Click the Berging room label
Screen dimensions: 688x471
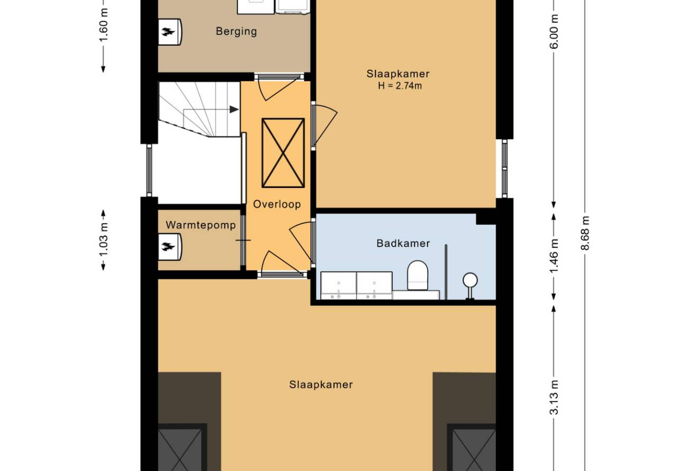point(236,31)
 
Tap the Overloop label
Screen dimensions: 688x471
point(277,204)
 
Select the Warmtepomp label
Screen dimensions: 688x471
point(201,225)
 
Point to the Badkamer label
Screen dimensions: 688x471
point(403,243)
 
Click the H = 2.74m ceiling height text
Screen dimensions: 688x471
point(400,86)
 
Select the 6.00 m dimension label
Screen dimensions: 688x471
point(554,32)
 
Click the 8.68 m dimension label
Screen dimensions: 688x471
point(585,233)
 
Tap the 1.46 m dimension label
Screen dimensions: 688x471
point(554,256)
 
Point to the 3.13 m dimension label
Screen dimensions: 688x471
point(554,397)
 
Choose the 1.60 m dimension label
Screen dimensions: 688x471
point(104,25)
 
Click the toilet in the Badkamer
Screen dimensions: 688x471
point(418,275)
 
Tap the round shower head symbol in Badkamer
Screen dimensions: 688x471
point(470,280)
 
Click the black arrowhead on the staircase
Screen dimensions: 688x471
point(234,110)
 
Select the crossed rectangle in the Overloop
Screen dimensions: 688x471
point(283,153)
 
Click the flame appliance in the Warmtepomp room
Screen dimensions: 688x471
point(170,247)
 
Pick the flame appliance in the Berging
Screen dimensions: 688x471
point(170,32)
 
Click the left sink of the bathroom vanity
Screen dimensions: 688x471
point(339,286)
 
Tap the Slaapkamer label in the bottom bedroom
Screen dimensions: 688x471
point(321,385)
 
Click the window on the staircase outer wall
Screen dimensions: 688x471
point(149,170)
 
